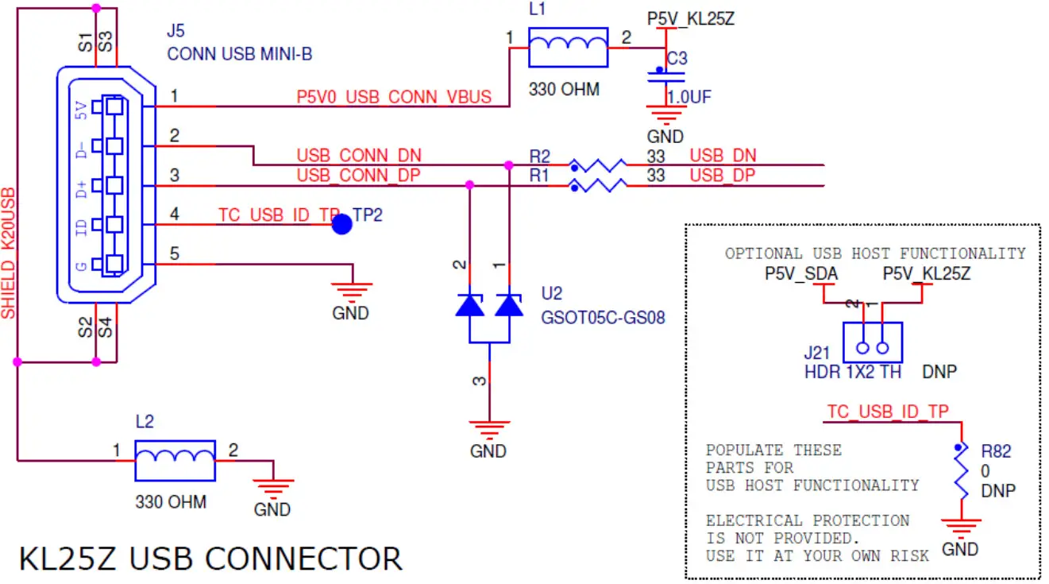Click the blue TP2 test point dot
coord(341,225)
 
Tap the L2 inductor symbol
coord(175,460)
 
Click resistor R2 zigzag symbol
coord(597,165)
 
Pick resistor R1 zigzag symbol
coord(597,186)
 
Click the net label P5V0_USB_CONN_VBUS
coord(394,98)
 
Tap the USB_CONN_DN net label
coord(359,156)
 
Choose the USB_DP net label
coord(723,176)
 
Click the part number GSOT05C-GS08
coord(603,318)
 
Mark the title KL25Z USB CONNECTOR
coord(210,559)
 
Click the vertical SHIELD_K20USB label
coord(9,253)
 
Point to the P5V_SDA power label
coord(800,274)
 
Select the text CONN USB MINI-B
coord(240,54)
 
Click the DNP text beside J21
coord(939,371)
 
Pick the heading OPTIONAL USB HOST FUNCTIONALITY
coord(874,253)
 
